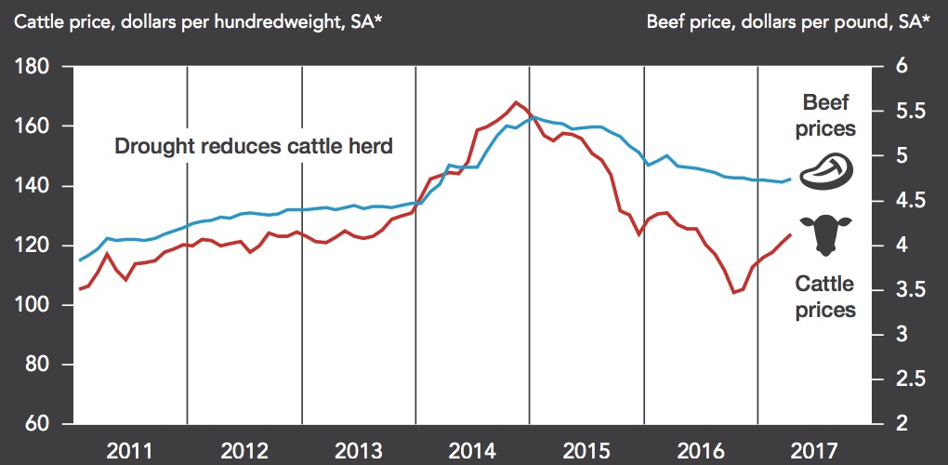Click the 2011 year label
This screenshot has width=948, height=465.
[130, 451]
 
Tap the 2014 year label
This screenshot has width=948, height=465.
[472, 451]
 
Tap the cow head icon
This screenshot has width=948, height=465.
[824, 234]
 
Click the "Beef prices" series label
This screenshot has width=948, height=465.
[826, 115]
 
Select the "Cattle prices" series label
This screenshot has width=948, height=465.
[825, 297]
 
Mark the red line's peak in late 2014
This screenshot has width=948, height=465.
[516, 102]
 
